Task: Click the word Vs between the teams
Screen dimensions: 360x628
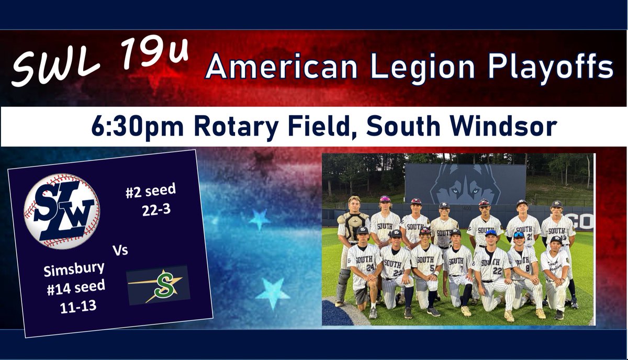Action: coord(120,251)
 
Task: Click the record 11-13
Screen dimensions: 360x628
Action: coord(77,305)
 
